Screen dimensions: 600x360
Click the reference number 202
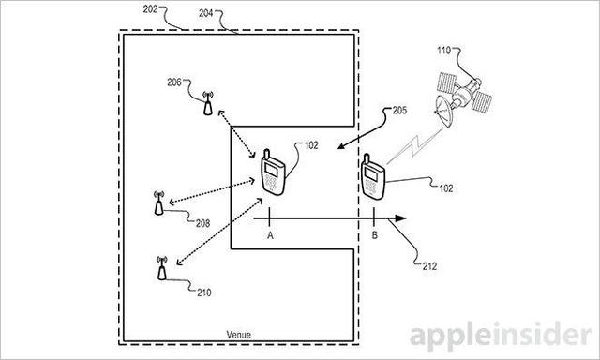[x=150, y=9]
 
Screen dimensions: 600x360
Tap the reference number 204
[x=206, y=13]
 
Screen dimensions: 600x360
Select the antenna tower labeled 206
[x=208, y=103]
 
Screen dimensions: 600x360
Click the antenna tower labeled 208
[x=158, y=202]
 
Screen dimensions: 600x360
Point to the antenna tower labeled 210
[x=162, y=268]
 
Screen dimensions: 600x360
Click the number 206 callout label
[x=174, y=82]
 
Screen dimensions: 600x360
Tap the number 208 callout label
[x=202, y=223]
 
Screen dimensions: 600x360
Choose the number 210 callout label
[x=204, y=292]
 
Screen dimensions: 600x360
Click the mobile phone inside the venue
[x=273, y=172]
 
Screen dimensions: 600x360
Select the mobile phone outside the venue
[x=373, y=177]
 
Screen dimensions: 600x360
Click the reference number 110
[x=444, y=50]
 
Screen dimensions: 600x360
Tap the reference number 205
[x=400, y=111]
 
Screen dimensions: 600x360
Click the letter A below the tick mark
[x=271, y=235]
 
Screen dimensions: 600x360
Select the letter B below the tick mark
[x=375, y=235]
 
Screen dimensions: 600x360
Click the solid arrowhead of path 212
[x=400, y=218]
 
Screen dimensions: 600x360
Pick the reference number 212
[x=429, y=266]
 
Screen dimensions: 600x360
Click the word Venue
[x=238, y=335]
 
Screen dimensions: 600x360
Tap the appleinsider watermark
[x=501, y=336]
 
